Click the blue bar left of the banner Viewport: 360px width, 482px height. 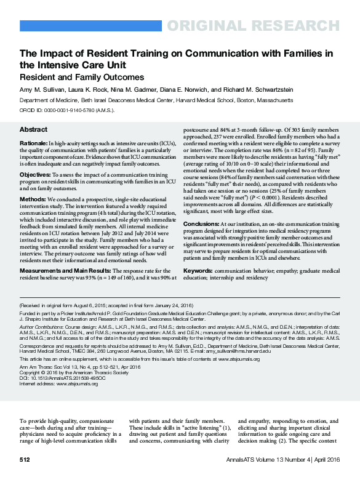(90, 26)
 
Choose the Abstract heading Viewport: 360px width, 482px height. (33, 131)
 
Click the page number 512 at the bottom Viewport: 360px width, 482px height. (25, 460)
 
